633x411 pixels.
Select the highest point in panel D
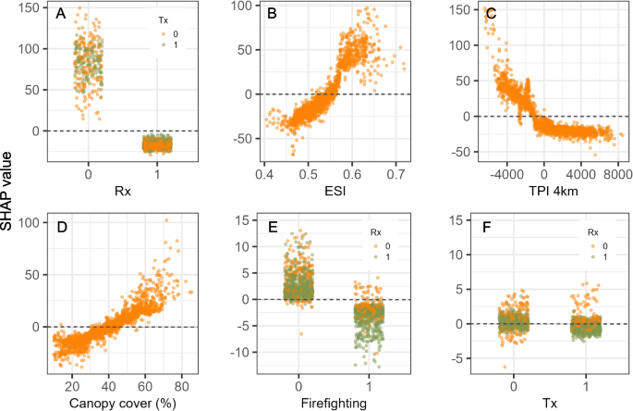(166, 220)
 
